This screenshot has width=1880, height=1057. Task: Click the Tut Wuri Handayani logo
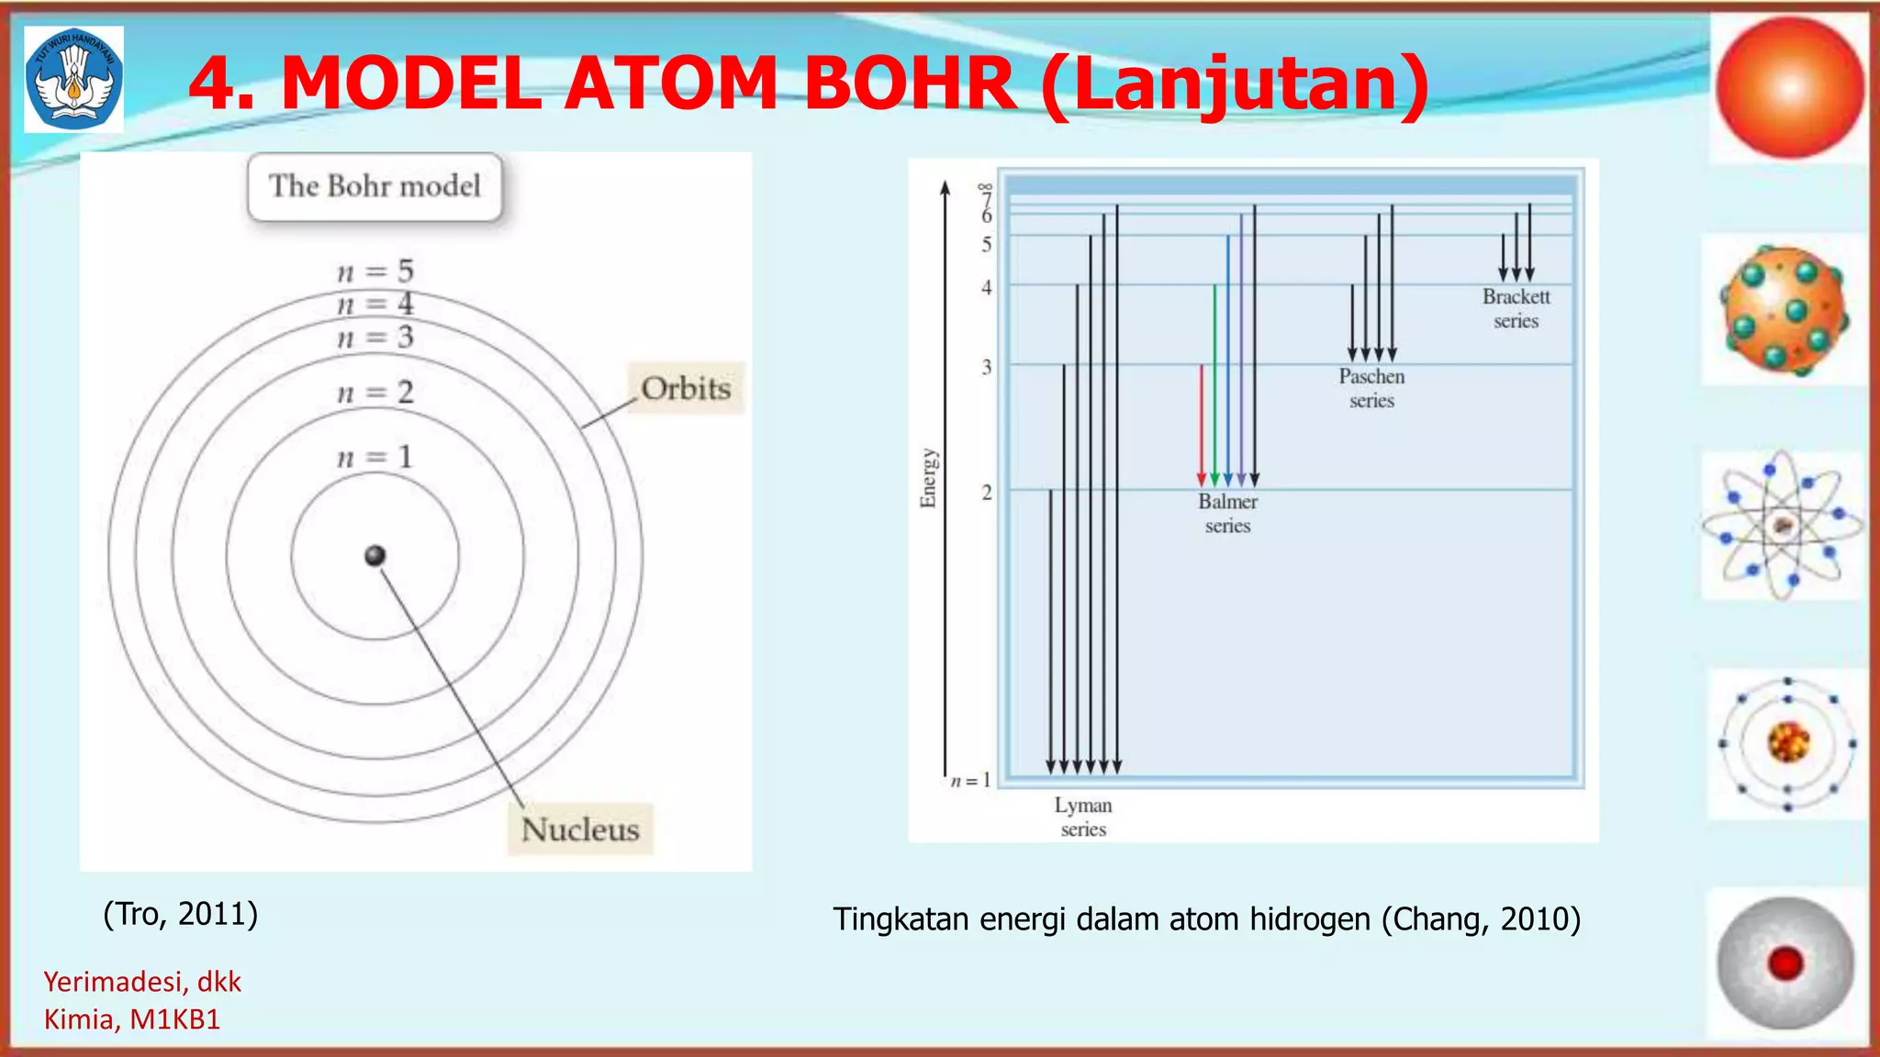(73, 80)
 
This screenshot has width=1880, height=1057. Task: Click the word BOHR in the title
(910, 83)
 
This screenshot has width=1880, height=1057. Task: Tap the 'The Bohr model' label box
(375, 187)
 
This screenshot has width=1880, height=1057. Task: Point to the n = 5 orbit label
(375, 272)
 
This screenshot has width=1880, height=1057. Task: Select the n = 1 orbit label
(375, 457)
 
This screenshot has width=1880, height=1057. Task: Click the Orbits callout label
(686, 389)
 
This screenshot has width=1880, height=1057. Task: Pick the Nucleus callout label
(580, 829)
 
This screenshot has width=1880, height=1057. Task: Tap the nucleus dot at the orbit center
(375, 555)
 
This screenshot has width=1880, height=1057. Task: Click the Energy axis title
(929, 478)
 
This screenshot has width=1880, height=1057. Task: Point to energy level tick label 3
(987, 367)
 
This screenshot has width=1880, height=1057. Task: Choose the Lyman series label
(1083, 817)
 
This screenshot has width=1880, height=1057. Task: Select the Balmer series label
(1227, 514)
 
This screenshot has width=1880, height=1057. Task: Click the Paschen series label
(1371, 388)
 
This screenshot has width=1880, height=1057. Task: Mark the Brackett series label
(1516, 308)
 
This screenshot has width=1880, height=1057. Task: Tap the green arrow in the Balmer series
(1214, 385)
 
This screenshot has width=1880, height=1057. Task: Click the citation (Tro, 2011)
(181, 914)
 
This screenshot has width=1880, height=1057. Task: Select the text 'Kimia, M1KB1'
(132, 1019)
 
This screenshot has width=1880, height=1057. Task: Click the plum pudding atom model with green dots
(1784, 310)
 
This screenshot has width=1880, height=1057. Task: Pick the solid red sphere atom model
(1789, 88)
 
